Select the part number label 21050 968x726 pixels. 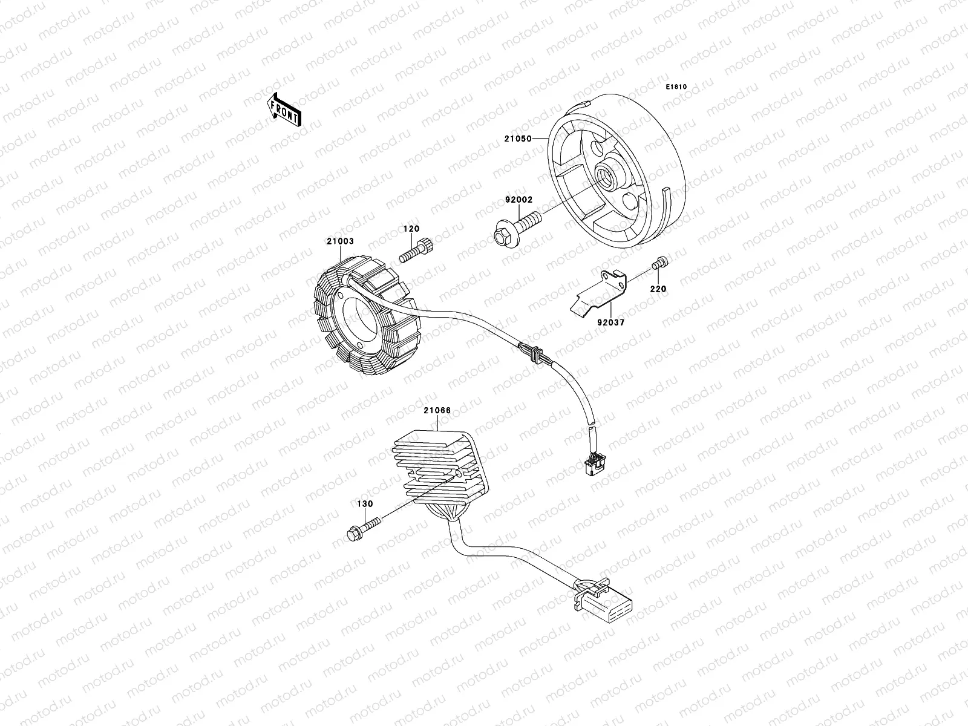517,139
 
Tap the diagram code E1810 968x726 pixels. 676,87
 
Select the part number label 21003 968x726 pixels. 340,241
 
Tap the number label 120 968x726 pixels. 411,229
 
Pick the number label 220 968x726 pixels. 658,289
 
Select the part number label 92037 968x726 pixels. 610,323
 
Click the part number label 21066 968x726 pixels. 437,411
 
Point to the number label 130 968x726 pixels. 365,503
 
